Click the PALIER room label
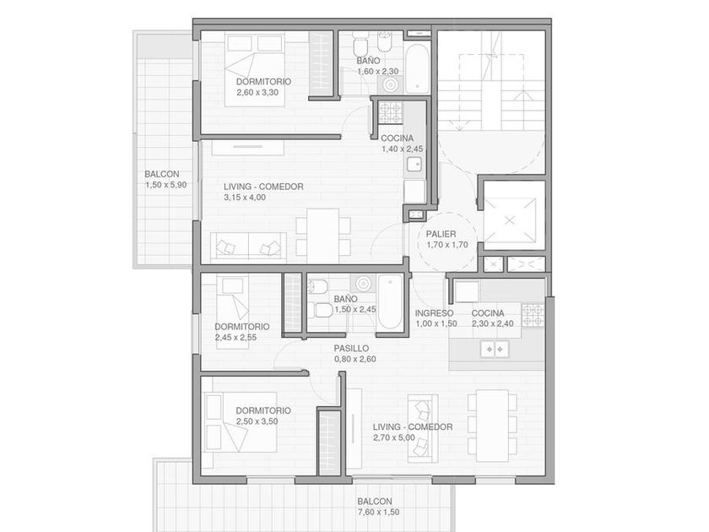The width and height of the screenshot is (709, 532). pyautogui.click(x=441, y=235)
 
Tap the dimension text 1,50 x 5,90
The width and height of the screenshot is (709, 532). pyautogui.click(x=166, y=185)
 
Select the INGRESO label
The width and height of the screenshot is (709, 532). pyautogui.click(x=434, y=313)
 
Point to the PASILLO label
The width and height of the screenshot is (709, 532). pyautogui.click(x=351, y=348)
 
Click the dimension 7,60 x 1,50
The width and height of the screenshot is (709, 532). pyautogui.click(x=378, y=512)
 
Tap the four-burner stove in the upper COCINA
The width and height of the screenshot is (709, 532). pyautogui.click(x=391, y=112)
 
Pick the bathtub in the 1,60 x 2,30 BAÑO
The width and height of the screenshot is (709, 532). pyautogui.click(x=416, y=68)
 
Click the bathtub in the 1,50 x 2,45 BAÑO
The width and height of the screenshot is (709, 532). pyautogui.click(x=390, y=301)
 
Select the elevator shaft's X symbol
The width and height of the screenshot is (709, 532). pyautogui.click(x=510, y=220)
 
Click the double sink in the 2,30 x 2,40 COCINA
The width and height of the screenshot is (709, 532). pyautogui.click(x=495, y=349)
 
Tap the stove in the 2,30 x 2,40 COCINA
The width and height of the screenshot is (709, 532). pyautogui.click(x=533, y=315)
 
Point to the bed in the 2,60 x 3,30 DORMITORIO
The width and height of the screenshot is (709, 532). pyautogui.click(x=255, y=69)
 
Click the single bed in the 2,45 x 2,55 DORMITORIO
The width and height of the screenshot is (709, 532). pyautogui.click(x=232, y=312)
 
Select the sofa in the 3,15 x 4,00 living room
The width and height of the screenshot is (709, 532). pyautogui.click(x=248, y=247)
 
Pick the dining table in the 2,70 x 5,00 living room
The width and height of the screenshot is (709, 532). pyautogui.click(x=492, y=426)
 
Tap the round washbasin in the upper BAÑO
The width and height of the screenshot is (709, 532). pyautogui.click(x=390, y=84)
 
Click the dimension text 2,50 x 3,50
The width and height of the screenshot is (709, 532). pyautogui.click(x=257, y=421)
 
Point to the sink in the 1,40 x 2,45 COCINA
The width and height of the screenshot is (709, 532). pyautogui.click(x=414, y=164)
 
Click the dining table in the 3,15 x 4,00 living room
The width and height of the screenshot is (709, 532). pyautogui.click(x=322, y=236)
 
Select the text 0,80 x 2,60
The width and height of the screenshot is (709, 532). pyautogui.click(x=355, y=359)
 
